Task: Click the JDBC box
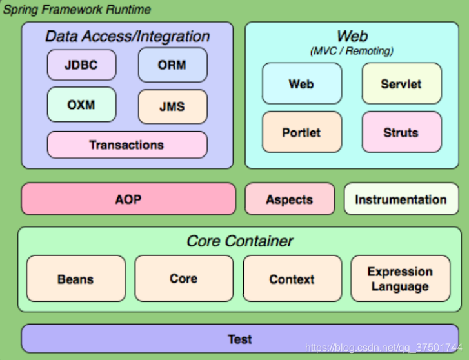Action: pyautogui.click(x=82, y=65)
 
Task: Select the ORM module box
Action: pyautogui.click(x=173, y=65)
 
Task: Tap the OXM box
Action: pyautogui.click(x=82, y=105)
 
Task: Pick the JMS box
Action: pyautogui.click(x=173, y=106)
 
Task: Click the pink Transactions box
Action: pyautogui.click(x=127, y=145)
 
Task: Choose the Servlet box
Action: pyautogui.click(x=402, y=83)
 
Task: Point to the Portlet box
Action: pyautogui.click(x=302, y=132)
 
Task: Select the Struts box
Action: pyautogui.click(x=402, y=132)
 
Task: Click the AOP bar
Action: pyautogui.click(x=128, y=199)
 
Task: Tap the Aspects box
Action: pyautogui.click(x=290, y=199)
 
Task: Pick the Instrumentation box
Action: pyautogui.click(x=401, y=199)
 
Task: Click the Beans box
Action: pyautogui.click(x=76, y=279)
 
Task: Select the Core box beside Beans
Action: pyautogui.click(x=184, y=279)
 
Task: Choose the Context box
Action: pyautogui.click(x=292, y=279)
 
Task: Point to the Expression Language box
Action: pyautogui.click(x=401, y=279)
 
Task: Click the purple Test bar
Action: pyautogui.click(x=240, y=339)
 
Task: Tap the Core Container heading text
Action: pyautogui.click(x=240, y=241)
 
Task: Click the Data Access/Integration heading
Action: pyautogui.click(x=128, y=37)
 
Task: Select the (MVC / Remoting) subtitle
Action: pyautogui.click(x=352, y=51)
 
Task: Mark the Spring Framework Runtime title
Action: pyautogui.click(x=77, y=10)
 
